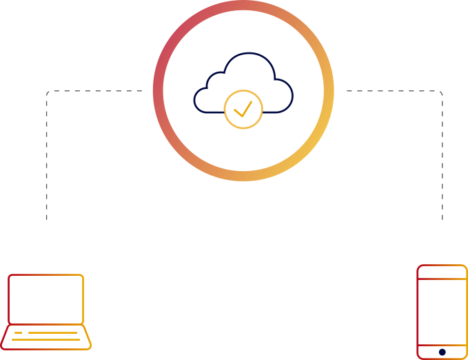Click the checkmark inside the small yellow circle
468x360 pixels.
click(243, 109)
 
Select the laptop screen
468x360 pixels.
click(45, 299)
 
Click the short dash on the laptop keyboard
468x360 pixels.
click(19, 332)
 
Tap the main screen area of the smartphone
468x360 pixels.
click(442, 311)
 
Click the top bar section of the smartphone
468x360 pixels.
click(442, 272)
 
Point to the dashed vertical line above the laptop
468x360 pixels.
click(47, 159)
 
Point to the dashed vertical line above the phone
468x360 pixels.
click(442, 159)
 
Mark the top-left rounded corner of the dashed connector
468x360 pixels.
click(48, 92)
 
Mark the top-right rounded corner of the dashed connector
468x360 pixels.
click(440, 92)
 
